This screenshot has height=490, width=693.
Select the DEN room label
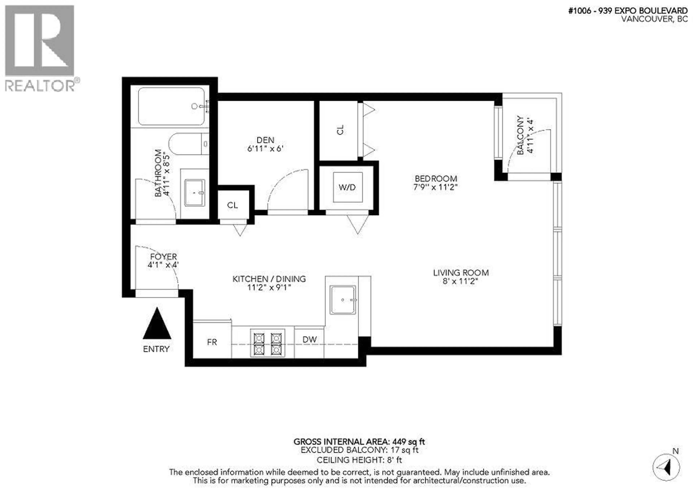[265, 140]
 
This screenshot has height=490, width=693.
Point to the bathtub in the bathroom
[171, 106]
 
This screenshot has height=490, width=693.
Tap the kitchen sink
[343, 300]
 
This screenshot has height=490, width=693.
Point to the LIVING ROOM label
[461, 273]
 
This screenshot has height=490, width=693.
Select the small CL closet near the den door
[232, 205]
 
